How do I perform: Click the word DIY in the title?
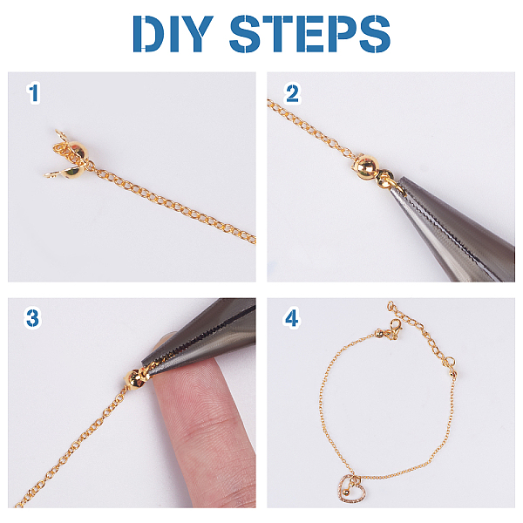pos(173,33)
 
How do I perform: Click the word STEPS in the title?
pos(309,33)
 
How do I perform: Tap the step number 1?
pos(33,93)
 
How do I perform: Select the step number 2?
pos(292,93)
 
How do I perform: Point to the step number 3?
pos(33,318)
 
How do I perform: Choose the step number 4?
pos(291,318)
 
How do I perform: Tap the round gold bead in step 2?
pos(366,166)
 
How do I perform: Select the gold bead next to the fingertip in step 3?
pos(133,379)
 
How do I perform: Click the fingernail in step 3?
pos(164,341)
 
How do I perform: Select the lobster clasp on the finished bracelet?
pos(395,328)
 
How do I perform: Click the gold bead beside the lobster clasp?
pos(379,333)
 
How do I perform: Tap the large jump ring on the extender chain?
pos(451,361)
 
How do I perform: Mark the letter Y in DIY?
pos(196,33)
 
